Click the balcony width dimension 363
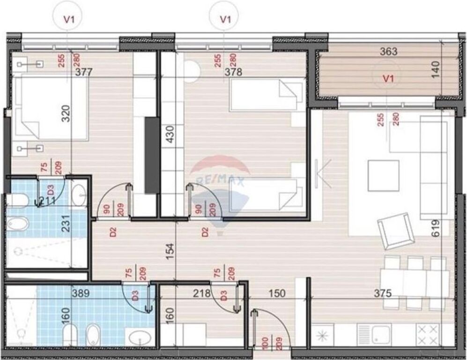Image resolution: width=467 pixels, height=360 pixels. tap(388, 52)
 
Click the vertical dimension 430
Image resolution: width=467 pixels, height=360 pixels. tap(170, 136)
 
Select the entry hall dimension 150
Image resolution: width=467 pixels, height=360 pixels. tap(277, 293)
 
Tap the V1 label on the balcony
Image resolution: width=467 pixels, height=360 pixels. tap(387, 79)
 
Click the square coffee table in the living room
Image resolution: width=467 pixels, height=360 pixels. tap(383, 176)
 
